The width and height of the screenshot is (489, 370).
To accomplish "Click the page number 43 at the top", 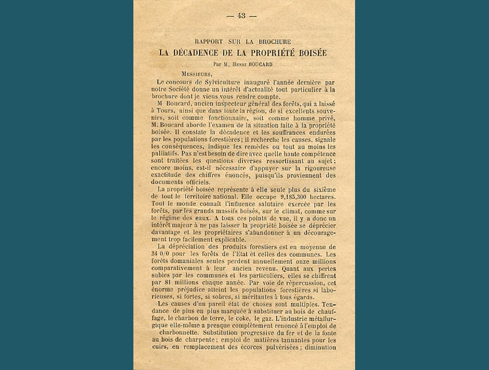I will [242, 16].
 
